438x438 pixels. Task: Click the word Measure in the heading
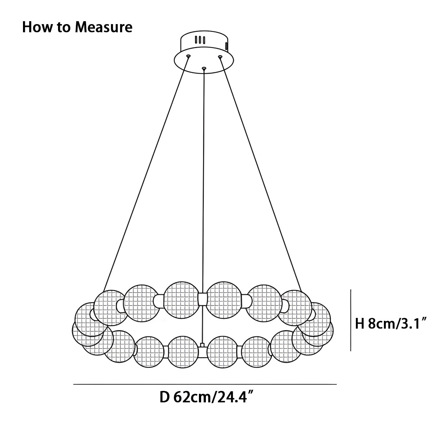click(104, 27)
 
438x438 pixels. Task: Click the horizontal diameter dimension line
click(205, 384)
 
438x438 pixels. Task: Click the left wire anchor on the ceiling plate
click(188, 56)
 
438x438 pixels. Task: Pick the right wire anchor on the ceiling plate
click(220, 56)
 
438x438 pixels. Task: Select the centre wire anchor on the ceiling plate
click(204, 68)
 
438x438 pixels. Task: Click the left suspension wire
click(146, 174)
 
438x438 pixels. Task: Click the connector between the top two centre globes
click(203, 299)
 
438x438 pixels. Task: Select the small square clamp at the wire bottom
click(202, 345)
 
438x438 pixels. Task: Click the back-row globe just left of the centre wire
click(181, 300)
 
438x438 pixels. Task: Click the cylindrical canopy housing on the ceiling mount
click(204, 42)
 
